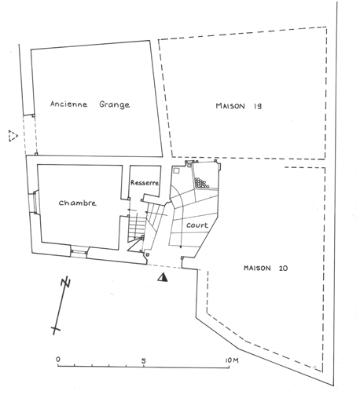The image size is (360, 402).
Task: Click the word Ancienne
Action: pos(68,104)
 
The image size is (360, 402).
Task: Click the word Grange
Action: pos(115,104)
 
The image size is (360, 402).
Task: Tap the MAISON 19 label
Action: pos(239,106)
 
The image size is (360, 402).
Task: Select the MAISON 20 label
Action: pos(266,268)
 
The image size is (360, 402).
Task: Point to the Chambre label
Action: pos(77,203)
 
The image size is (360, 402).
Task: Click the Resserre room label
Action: pos(145,183)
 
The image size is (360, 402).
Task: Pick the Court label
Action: pos(197,225)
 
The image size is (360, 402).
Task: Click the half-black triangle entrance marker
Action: pos(163,277)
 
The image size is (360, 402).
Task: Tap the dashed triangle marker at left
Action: pos(13,136)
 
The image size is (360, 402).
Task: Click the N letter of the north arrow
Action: pos(66,282)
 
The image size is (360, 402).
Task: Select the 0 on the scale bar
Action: pos(58,360)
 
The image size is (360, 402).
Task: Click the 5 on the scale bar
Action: pos(143,360)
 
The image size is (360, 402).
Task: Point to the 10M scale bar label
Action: pos(232,360)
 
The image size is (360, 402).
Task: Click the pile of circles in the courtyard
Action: pos(201,183)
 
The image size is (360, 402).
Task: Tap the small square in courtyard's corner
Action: pos(177,170)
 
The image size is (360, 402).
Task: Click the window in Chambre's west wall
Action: pos(35,203)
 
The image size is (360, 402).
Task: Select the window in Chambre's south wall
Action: pos(79,252)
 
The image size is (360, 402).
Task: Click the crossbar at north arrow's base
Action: pos(56,329)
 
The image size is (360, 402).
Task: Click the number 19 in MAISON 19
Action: pos(257,106)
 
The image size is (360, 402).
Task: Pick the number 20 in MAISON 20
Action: pos(283,268)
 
